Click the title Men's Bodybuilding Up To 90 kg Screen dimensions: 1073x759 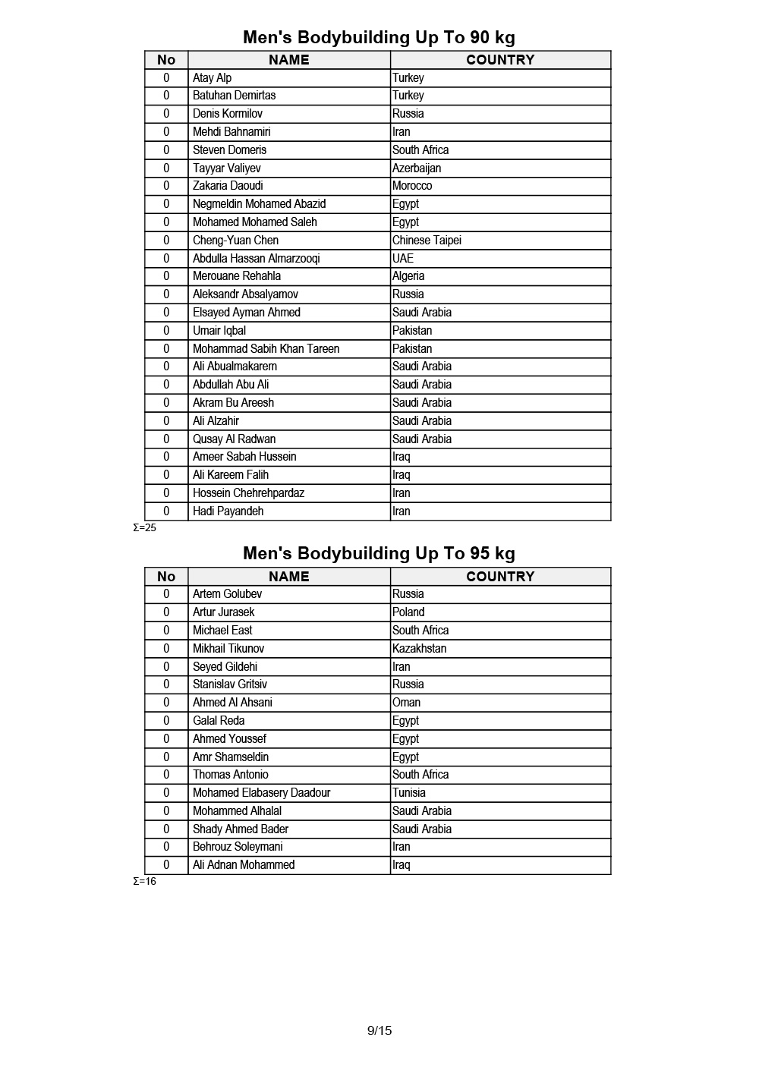click(379, 37)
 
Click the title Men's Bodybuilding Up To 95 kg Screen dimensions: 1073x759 click(379, 553)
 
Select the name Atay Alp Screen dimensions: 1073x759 click(213, 77)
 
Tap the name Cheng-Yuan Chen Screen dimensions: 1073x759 click(235, 240)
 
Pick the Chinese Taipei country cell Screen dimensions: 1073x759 click(427, 240)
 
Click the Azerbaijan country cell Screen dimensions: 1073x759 click(417, 168)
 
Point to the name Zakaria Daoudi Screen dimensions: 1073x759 click(228, 186)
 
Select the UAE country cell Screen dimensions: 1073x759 click(403, 258)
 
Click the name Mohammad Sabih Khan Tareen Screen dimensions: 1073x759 click(266, 348)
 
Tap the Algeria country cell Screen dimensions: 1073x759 click(408, 276)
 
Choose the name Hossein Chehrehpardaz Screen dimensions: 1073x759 click(248, 492)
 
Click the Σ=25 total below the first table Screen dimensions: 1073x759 click(144, 527)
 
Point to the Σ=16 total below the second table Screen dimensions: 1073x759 click(144, 881)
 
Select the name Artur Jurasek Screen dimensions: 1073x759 click(223, 612)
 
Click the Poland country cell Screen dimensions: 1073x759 click(408, 612)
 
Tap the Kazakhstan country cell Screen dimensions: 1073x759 click(419, 648)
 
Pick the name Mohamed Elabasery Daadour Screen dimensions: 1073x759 click(261, 792)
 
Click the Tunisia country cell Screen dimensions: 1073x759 click(409, 792)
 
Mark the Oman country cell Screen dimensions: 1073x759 click(406, 702)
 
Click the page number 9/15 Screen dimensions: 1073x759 click(379, 1031)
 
